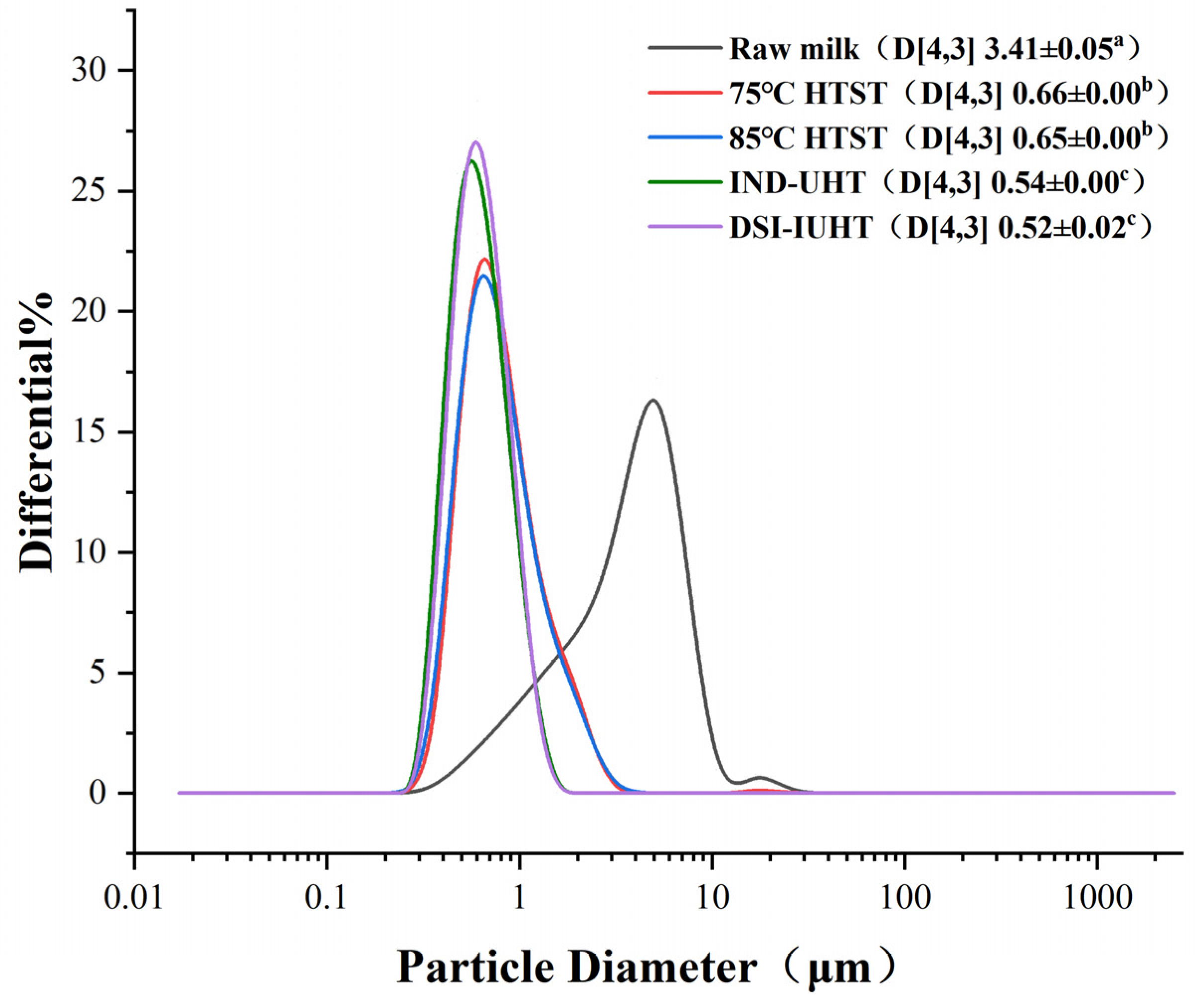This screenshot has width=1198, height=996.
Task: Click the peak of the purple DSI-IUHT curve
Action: coord(476,142)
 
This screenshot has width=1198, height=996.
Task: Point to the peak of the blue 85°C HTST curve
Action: coord(484,276)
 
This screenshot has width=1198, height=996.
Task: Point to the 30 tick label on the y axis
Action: coord(89,71)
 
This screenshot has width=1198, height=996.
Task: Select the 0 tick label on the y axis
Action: coord(97,794)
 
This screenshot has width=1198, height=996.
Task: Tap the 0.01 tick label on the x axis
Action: coord(134,899)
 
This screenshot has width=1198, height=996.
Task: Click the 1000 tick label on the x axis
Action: coord(1097,899)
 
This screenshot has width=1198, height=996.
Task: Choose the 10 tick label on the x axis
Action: coord(712,899)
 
